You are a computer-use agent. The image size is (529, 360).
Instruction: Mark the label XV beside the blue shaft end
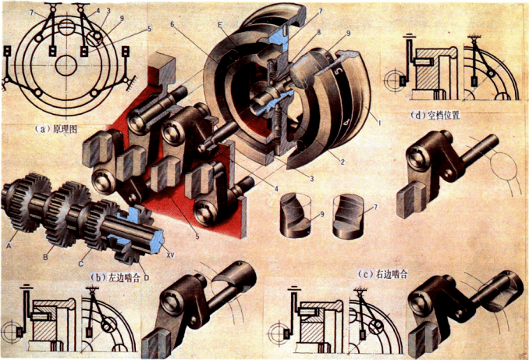pyautogui.click(x=171, y=255)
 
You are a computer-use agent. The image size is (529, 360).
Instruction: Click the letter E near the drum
pyautogui.click(x=221, y=24)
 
